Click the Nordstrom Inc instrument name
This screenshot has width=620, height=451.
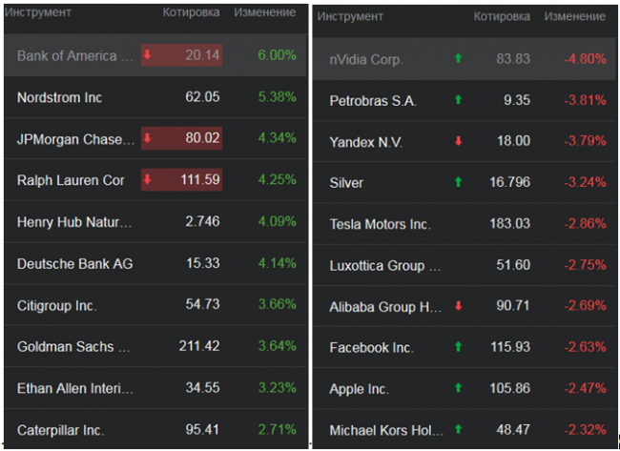tap(60, 97)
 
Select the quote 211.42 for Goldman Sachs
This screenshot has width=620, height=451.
tap(198, 347)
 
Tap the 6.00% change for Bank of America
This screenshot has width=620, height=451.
tap(277, 55)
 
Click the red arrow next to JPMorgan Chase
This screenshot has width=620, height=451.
tap(148, 138)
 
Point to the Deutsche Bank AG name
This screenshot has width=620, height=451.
tap(71, 263)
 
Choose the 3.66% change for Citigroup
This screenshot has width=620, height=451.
tap(277, 305)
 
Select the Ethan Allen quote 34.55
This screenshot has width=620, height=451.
tap(202, 388)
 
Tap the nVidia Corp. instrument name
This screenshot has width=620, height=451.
tap(366, 59)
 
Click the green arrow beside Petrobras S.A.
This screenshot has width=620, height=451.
tap(458, 99)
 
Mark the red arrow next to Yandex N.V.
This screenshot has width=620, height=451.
tap(458, 141)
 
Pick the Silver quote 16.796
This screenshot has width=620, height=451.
tap(509, 182)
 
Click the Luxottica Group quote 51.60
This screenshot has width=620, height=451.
tap(513, 265)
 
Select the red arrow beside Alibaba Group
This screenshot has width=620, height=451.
tap(458, 306)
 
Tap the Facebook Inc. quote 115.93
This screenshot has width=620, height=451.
tap(509, 348)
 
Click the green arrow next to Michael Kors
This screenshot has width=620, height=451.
tap(458, 430)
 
